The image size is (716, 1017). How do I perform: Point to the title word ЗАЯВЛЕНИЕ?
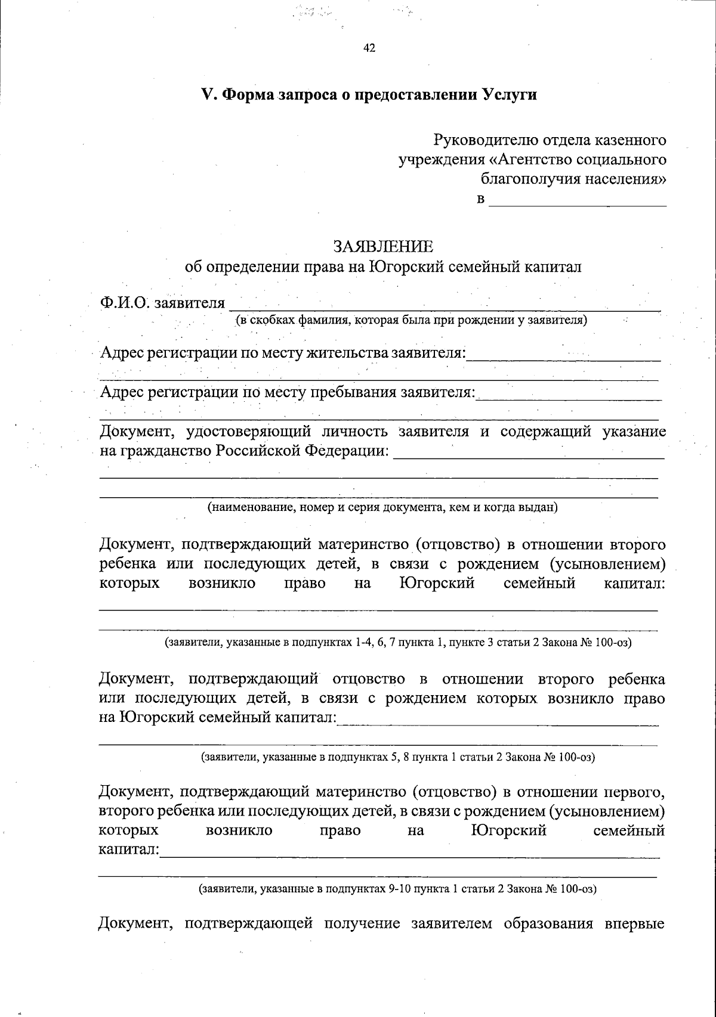pyautogui.click(x=383, y=246)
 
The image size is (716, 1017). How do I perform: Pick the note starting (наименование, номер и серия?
pyautogui.click(x=382, y=507)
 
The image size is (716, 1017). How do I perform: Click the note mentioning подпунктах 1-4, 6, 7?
pyautogui.click(x=398, y=643)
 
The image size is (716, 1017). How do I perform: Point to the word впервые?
pyautogui.click(x=635, y=924)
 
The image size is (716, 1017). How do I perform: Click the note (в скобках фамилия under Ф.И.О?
pyautogui.click(x=412, y=320)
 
